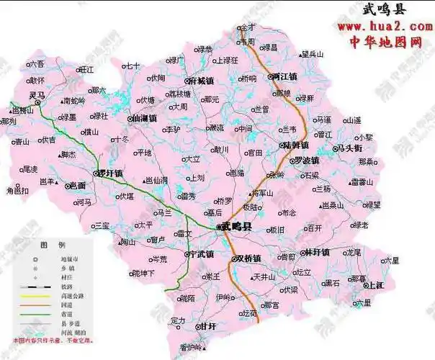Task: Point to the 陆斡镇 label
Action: (297, 145)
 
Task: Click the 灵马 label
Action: (37, 95)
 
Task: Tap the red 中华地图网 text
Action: (385, 42)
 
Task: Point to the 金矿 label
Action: (248, 27)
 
